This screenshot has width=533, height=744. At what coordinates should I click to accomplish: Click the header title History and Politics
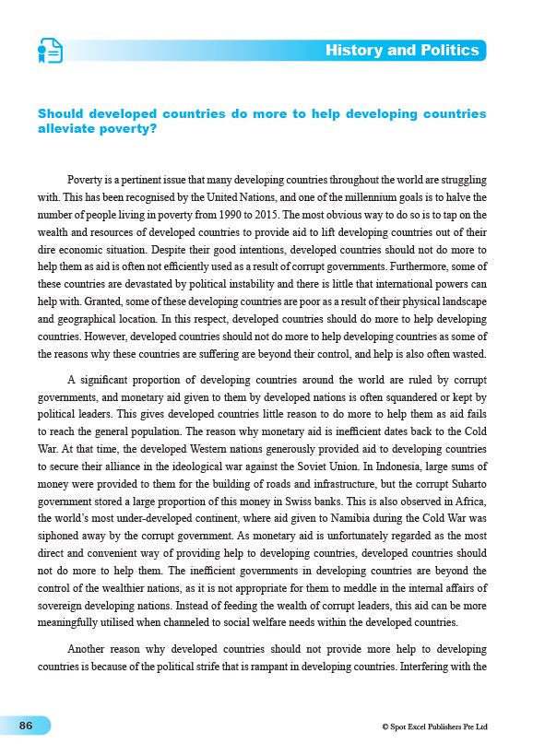click(402, 50)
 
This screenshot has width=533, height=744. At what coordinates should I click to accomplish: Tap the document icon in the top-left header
click(50, 51)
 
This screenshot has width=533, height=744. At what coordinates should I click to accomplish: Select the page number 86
click(26, 726)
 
